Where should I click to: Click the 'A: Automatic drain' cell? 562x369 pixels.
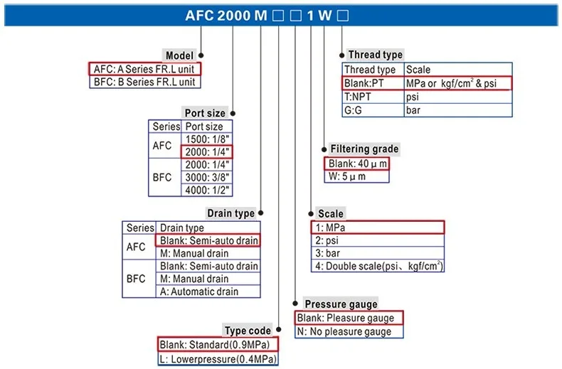(208, 292)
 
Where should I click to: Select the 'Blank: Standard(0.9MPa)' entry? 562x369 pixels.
(217, 345)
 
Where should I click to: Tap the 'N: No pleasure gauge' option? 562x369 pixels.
(348, 331)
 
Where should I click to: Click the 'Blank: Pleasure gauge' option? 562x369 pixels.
(348, 318)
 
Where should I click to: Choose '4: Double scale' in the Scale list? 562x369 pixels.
(378, 266)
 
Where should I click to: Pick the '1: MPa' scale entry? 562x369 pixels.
(377, 228)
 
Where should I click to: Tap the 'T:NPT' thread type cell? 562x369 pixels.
(372, 97)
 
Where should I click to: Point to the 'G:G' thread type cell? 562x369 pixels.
(372, 110)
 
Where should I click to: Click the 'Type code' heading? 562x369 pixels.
(248, 331)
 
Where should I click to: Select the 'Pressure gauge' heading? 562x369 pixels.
(341, 304)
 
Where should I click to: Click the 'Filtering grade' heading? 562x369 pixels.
(364, 149)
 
